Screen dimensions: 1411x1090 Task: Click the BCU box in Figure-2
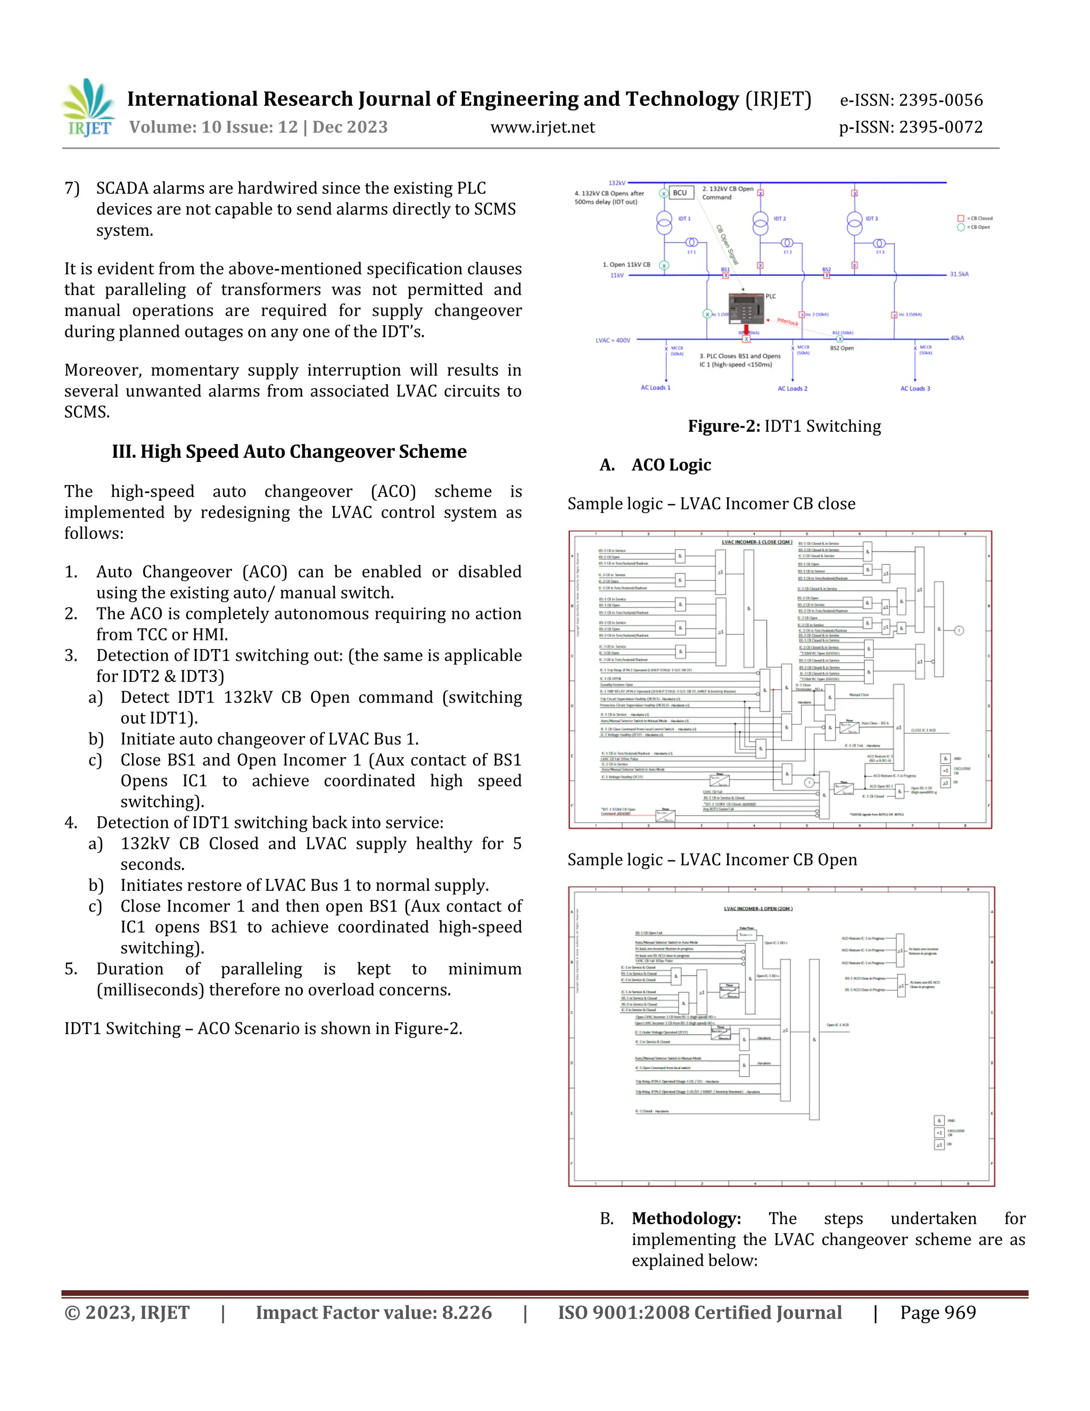[x=680, y=193]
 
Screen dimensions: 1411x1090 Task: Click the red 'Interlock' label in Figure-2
[x=787, y=321]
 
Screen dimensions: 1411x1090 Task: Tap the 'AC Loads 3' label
[x=915, y=388]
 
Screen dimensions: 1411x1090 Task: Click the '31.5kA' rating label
[x=959, y=274]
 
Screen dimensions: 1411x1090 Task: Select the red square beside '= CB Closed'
[x=960, y=218]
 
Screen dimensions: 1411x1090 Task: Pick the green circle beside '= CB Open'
[x=960, y=227]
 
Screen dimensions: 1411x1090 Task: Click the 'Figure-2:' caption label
[x=723, y=426]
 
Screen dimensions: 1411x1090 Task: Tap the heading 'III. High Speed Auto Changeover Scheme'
[x=290, y=452]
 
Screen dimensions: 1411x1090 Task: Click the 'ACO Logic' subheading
[x=671, y=465]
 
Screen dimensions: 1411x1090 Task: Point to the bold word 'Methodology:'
[x=686, y=1218]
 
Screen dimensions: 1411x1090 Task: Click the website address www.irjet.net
[x=542, y=127]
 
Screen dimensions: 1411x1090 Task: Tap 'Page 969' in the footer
[x=938, y=1313]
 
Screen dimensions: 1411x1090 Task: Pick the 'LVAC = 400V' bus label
[x=612, y=340]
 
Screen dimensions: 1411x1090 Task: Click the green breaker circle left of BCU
[x=664, y=193]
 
